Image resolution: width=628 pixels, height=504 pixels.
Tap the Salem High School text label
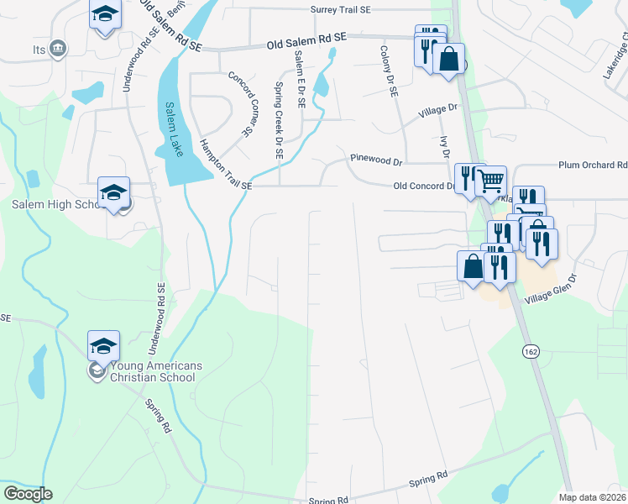click(x=55, y=205)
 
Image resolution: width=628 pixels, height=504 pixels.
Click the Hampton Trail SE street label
click(x=225, y=165)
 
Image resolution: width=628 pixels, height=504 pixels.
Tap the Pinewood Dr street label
click(x=377, y=158)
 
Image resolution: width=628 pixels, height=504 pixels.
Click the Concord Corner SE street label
click(x=241, y=104)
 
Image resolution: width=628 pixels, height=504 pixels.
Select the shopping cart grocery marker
click(x=490, y=180)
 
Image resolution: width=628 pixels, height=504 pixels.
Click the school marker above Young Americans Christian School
click(x=104, y=345)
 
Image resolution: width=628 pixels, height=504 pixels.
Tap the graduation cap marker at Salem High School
click(x=113, y=192)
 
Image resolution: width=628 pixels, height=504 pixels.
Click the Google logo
click(x=28, y=494)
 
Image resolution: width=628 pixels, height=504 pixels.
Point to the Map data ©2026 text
click(x=593, y=497)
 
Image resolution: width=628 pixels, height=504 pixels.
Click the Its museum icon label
click(x=39, y=50)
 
